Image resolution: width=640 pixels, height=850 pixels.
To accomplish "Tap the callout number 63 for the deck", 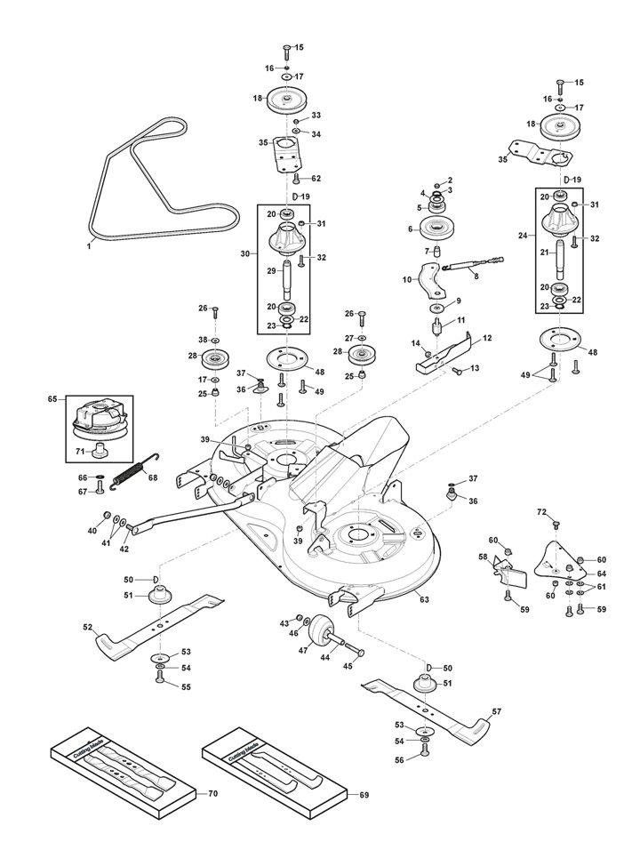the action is click(x=424, y=599).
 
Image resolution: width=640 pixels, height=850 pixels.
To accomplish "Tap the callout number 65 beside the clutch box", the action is click(x=52, y=399).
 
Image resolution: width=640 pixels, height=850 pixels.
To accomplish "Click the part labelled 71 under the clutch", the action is click(x=99, y=450).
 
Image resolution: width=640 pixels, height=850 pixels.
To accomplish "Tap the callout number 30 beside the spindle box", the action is click(x=245, y=253).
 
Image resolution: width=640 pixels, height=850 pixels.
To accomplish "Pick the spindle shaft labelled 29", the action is click(x=285, y=281).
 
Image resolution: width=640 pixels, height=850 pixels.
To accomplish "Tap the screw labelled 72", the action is click(x=556, y=524).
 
